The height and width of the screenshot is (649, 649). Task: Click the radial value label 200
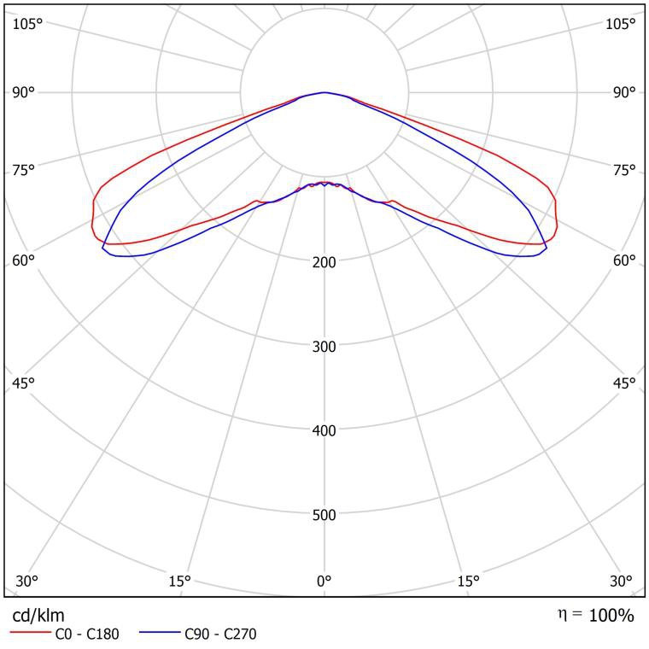click(x=324, y=261)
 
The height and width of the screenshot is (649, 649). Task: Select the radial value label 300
click(x=324, y=346)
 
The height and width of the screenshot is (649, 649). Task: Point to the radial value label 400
click(x=324, y=430)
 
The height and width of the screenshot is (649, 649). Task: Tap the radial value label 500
click(x=324, y=515)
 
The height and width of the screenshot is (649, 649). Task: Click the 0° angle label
click(x=324, y=582)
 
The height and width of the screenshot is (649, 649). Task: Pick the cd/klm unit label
click(x=38, y=615)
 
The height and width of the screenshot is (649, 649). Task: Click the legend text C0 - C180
click(x=87, y=634)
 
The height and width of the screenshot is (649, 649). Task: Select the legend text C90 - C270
click(x=220, y=634)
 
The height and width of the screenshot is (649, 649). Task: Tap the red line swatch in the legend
click(x=30, y=634)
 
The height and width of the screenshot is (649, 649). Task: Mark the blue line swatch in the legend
click(x=160, y=634)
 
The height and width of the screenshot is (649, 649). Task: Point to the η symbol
click(x=564, y=613)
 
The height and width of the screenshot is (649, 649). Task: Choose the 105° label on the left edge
click(x=27, y=24)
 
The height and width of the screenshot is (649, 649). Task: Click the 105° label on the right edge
click(x=621, y=24)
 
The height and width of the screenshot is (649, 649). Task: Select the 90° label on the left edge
click(x=23, y=92)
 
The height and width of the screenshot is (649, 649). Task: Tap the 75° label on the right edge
click(x=624, y=170)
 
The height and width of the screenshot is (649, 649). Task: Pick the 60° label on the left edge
click(x=23, y=260)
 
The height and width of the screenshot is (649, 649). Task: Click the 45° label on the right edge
click(x=624, y=383)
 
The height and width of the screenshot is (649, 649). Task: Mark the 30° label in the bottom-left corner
click(x=26, y=582)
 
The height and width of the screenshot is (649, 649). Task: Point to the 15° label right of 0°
click(x=468, y=582)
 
